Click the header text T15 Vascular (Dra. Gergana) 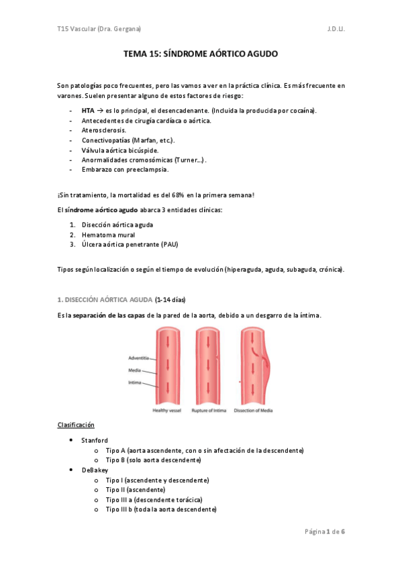click(x=99, y=29)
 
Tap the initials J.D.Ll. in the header click(x=336, y=29)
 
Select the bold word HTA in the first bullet click(x=88, y=111)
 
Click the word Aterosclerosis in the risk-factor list click(x=103, y=130)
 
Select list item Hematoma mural click(x=108, y=235)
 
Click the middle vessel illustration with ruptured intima click(x=209, y=366)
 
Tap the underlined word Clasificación click(x=76, y=425)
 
